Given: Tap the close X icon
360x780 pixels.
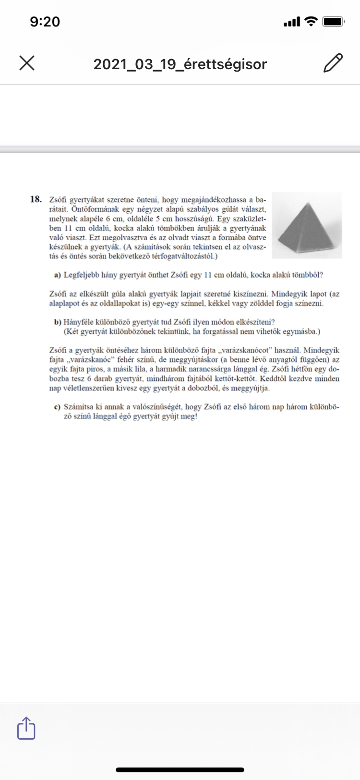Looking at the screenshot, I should [x=27, y=63].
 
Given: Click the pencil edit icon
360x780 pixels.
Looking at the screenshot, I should [x=333, y=63].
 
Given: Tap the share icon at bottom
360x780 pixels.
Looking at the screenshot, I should [x=26, y=728].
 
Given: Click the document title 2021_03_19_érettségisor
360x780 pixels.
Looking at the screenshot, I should [x=180, y=64].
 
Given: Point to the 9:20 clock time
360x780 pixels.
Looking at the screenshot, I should [x=45, y=22].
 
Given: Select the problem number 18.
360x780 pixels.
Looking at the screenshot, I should [x=36, y=199].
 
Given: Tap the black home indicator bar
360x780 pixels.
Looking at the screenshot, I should [x=180, y=770].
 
